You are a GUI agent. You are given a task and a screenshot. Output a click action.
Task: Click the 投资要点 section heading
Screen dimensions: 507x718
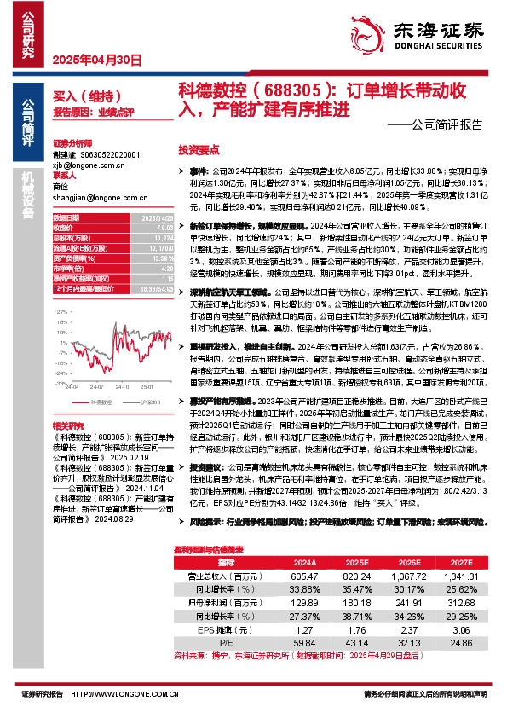click(199, 148)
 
